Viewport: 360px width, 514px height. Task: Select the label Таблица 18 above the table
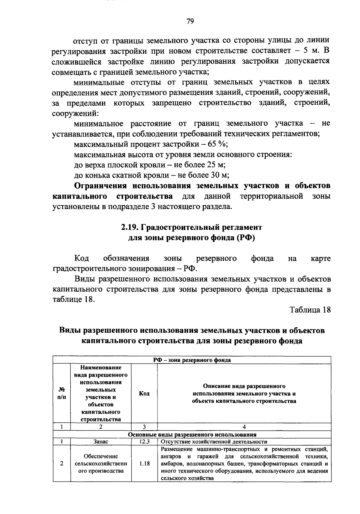310,310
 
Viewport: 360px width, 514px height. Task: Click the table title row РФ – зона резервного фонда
192,360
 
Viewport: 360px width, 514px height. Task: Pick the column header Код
144,393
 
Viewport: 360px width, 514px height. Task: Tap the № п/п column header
62,393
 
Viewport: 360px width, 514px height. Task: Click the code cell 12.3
144,442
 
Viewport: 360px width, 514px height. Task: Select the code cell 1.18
144,464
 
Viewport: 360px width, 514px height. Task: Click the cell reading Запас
101,442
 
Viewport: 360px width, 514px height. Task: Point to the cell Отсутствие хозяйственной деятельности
214,442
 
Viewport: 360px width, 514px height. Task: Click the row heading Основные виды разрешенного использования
192,434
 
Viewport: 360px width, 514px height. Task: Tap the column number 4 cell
244,427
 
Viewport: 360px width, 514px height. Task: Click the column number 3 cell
144,427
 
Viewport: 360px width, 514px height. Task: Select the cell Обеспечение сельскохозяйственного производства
101,464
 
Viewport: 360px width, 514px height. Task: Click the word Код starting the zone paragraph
81,259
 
